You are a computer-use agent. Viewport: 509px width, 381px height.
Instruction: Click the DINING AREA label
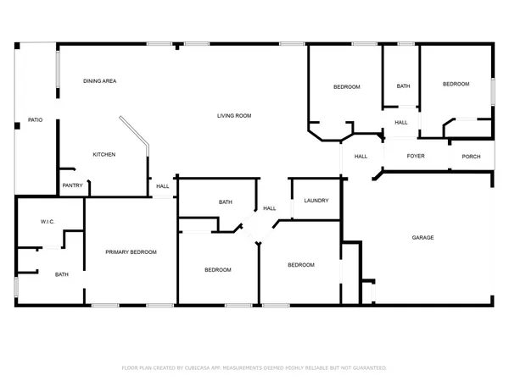[x=99, y=81]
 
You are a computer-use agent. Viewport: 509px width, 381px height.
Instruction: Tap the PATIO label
[x=35, y=120]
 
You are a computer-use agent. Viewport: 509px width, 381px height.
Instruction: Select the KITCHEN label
[x=104, y=154]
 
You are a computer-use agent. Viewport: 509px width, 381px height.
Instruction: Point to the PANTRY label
[x=72, y=185]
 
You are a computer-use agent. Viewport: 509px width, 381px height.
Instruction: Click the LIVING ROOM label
[x=234, y=116]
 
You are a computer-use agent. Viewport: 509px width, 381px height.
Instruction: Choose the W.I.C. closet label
[x=48, y=222]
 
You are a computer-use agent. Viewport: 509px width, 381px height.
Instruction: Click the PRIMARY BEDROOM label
[x=131, y=252]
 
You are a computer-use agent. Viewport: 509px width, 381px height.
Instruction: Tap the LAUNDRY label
[x=316, y=201]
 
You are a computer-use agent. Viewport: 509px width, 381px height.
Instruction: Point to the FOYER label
[x=416, y=156]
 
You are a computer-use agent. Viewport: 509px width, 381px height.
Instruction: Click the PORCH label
[x=471, y=156]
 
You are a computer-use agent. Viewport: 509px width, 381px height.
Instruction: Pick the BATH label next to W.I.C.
[x=62, y=274]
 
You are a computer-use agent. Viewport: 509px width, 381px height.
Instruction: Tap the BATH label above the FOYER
[x=403, y=86]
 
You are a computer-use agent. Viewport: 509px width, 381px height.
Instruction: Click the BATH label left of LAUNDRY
[x=226, y=202]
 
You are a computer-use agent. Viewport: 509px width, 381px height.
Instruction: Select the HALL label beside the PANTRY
[x=162, y=186]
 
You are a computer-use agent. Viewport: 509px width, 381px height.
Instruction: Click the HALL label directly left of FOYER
[x=361, y=156]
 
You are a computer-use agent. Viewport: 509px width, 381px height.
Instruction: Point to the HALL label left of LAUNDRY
[x=269, y=208]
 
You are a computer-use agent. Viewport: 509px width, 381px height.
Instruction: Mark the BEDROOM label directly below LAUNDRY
[x=300, y=265]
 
